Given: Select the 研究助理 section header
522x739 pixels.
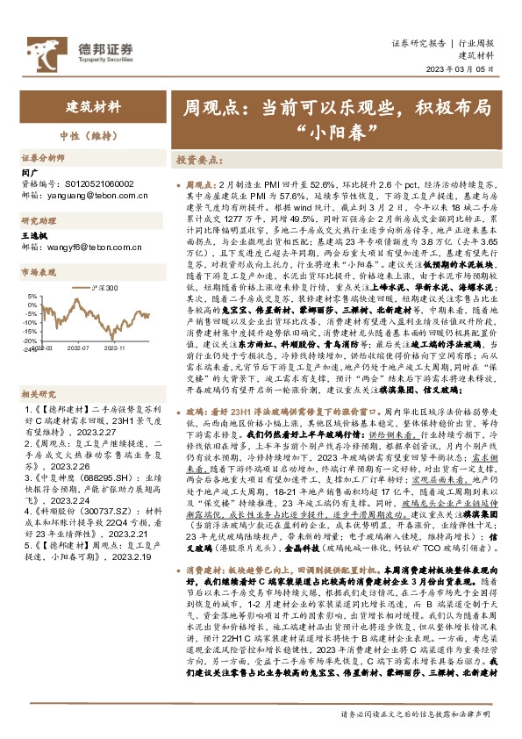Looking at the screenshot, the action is pyautogui.click(x=38, y=221).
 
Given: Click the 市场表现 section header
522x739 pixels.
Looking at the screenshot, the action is pyautogui.click(x=38, y=273).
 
